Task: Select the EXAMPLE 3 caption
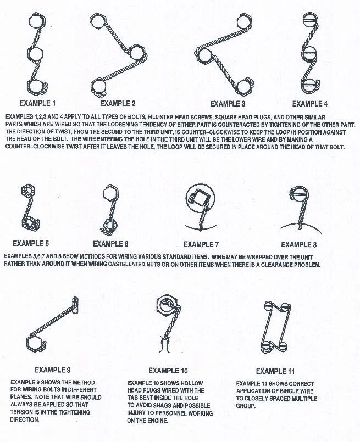(x=228, y=103)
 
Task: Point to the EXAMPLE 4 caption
(x=310, y=103)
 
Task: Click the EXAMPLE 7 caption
(x=202, y=244)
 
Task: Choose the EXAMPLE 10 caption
(x=168, y=371)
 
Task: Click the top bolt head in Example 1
(x=34, y=21)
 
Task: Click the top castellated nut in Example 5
(x=27, y=191)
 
